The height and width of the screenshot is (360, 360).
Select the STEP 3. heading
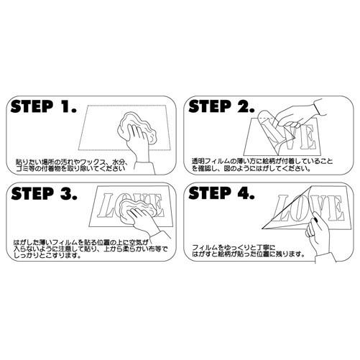click(x=44, y=195)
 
